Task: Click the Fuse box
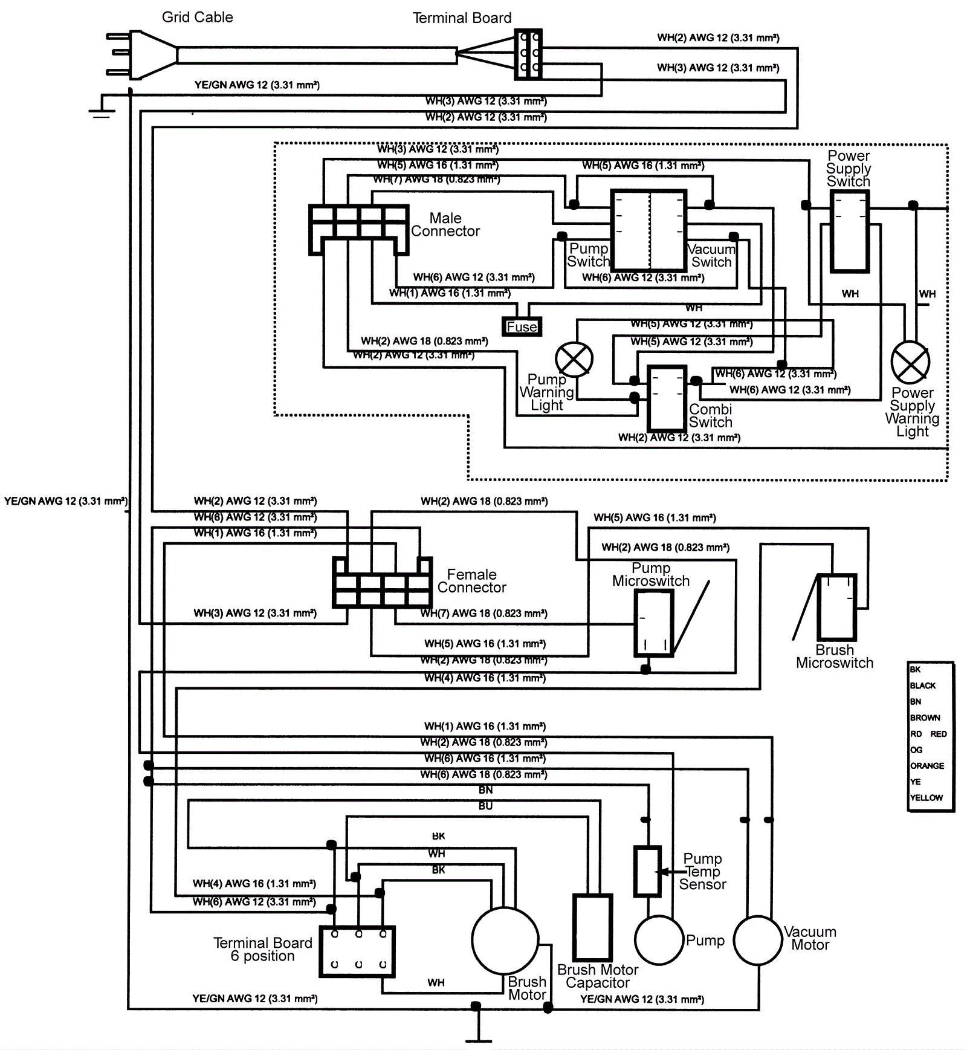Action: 522,326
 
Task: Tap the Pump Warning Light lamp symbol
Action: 574,360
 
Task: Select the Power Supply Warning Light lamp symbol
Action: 910,363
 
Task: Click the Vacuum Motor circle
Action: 758,940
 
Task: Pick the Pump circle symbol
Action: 659,940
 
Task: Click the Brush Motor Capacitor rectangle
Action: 592,927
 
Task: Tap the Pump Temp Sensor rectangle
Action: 647,871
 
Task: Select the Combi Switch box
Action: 667,398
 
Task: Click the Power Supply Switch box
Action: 849,232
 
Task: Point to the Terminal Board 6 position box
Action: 357,951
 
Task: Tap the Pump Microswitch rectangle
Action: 653,623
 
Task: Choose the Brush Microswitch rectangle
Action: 836,607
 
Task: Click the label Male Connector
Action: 445,225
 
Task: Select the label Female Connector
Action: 471,581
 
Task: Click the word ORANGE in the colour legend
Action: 927,766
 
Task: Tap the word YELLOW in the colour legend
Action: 926,798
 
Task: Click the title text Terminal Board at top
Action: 462,18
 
